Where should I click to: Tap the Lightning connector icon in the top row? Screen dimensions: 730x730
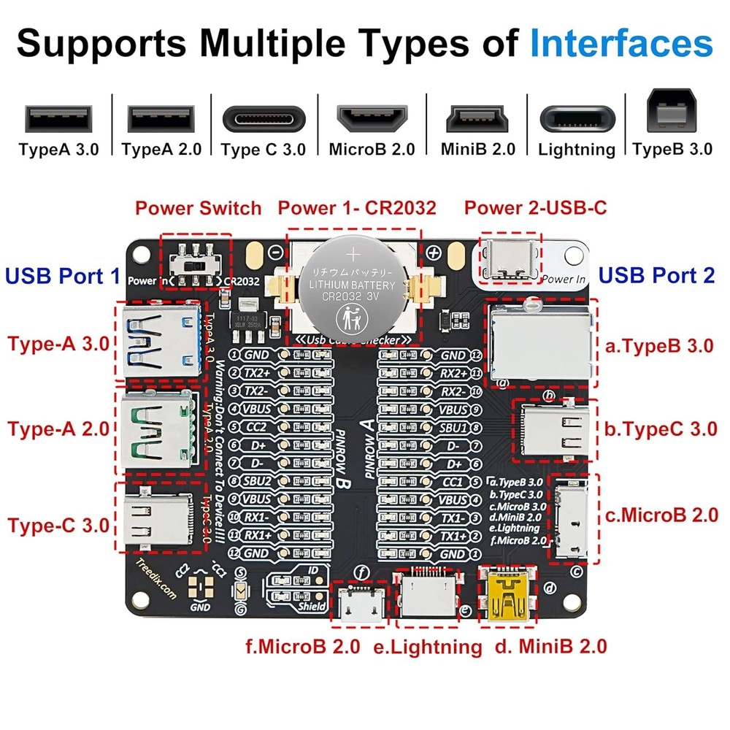[577, 118]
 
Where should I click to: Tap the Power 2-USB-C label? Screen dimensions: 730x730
[535, 208]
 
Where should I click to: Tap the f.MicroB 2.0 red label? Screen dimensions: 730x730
[302, 646]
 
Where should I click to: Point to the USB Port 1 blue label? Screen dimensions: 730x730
[63, 276]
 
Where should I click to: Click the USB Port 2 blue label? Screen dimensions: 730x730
[656, 276]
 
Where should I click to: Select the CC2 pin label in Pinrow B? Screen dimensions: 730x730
[256, 426]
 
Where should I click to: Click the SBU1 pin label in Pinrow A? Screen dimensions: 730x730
[453, 427]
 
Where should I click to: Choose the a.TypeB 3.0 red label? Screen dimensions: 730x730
[659, 345]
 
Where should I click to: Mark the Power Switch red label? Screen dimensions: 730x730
[198, 208]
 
